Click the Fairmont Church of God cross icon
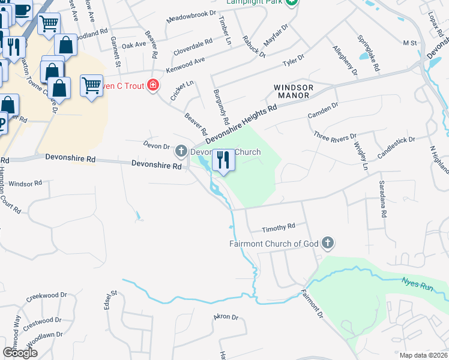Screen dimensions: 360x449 point(327,244)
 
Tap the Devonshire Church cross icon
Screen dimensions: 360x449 point(182,152)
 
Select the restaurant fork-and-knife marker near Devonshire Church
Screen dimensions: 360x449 point(223,161)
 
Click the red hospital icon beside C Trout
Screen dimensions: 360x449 point(153,86)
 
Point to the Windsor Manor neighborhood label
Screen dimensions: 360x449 point(292,91)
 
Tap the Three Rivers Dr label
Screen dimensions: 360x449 point(335,137)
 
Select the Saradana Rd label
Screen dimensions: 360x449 point(381,198)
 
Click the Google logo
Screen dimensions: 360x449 point(20,353)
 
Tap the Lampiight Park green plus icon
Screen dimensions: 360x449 point(291,2)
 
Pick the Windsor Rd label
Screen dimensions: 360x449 point(25,183)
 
